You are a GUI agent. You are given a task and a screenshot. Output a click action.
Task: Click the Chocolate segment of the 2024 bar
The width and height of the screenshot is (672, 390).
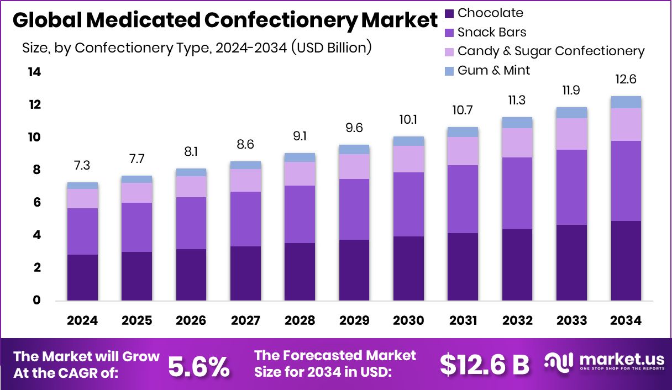(82, 277)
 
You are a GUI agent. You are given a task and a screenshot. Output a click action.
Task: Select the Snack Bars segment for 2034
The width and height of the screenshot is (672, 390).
(626, 181)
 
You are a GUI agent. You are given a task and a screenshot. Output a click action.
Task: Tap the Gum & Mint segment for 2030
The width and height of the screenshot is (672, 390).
(408, 141)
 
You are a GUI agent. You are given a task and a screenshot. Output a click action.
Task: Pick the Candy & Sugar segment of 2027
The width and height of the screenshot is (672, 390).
(245, 180)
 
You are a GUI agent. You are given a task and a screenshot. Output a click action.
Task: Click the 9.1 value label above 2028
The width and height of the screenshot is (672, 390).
(300, 136)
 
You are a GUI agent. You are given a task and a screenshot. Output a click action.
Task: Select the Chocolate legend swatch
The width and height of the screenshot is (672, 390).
(449, 13)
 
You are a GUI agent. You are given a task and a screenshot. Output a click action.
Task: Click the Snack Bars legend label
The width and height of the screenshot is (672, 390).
(492, 32)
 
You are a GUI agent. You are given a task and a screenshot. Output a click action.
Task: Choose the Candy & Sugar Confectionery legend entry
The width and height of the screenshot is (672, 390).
(550, 51)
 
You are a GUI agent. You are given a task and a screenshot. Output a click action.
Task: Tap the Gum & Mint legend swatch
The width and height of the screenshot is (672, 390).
(449, 71)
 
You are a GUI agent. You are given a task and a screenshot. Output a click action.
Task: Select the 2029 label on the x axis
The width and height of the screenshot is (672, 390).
(354, 321)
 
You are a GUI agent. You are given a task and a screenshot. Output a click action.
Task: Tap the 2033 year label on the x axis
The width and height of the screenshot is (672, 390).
(571, 321)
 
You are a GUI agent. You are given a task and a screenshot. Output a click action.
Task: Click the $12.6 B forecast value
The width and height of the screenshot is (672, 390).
(485, 364)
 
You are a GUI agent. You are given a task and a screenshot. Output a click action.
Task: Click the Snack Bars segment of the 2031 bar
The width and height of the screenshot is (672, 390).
(463, 199)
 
